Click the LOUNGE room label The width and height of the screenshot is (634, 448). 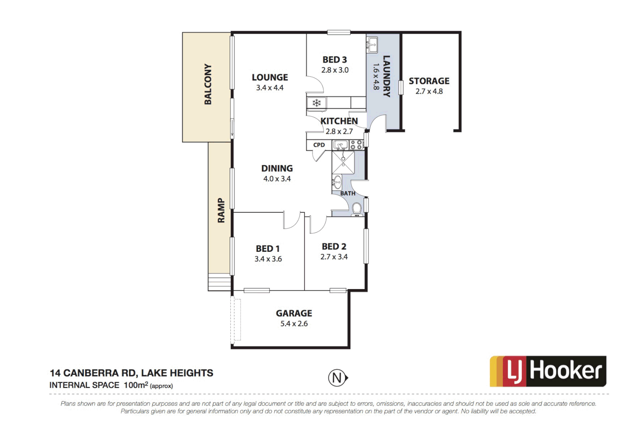269,78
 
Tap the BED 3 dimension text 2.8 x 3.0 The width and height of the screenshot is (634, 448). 335,70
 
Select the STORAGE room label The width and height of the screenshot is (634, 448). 429,81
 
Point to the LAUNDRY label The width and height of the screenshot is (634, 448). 386,76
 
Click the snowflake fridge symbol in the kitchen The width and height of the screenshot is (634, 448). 317,103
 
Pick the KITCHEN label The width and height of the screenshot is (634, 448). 339,121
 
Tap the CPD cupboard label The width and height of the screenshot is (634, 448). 319,145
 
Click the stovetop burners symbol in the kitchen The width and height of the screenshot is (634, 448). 356,145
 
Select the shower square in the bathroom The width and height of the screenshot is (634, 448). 343,163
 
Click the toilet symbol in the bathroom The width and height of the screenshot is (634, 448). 357,209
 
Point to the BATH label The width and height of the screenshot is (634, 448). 348,193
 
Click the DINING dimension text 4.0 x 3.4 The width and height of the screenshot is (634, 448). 277,179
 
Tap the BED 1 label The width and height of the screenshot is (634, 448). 268,248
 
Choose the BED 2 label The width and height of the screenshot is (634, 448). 334,247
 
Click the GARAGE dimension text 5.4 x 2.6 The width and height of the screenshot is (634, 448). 294,324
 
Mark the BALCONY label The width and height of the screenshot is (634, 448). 208,84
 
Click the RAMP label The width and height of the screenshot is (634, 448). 221,210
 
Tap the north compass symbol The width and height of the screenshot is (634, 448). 338,378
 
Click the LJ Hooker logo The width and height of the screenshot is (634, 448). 548,371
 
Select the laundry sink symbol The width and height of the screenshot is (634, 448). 372,44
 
